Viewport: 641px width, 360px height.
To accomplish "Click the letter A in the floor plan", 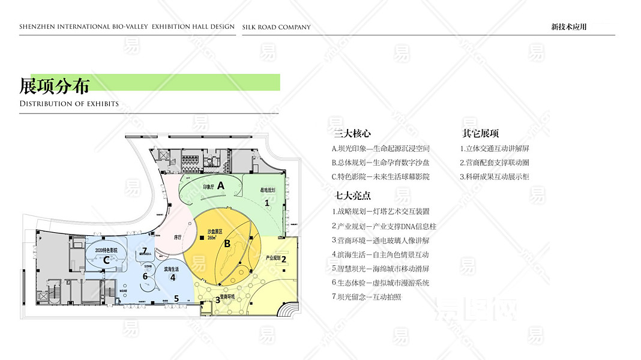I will (220, 186).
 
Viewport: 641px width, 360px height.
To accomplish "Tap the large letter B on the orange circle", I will (227, 244).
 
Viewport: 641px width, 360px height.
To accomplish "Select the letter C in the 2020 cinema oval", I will (106, 260).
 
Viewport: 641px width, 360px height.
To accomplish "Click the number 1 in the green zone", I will (267, 203).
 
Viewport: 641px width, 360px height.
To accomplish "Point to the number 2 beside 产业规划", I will (284, 260).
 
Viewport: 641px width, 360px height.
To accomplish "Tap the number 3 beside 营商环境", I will (217, 300).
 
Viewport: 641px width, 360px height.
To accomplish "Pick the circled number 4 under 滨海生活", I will (173, 277).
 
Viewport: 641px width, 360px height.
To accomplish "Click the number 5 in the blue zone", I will (176, 298).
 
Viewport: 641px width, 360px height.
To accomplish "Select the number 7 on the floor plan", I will (145, 251).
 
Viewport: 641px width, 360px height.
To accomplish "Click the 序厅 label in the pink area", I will (178, 237).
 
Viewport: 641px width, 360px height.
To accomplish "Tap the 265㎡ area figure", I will (211, 238).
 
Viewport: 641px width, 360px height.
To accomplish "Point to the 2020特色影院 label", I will (106, 249).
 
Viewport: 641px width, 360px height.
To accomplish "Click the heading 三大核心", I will (352, 134).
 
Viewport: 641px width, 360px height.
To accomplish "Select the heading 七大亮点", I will (352, 196).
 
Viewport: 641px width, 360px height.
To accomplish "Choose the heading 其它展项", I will (480, 134).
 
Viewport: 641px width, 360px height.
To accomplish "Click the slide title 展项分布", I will (55, 86).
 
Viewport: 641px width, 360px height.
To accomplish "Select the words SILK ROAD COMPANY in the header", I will (277, 27).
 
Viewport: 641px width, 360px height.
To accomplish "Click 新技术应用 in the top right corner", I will (568, 27).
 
